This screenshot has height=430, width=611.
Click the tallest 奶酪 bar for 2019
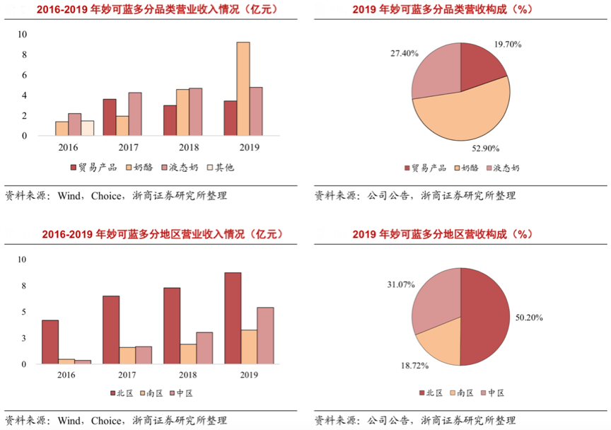pos(243,88)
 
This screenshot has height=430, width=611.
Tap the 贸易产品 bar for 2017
pos(110,117)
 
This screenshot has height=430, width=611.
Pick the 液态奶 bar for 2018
pos(195,112)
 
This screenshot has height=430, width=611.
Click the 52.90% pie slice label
pos(486,149)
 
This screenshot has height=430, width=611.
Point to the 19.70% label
pos(507,45)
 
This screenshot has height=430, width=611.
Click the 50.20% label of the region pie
pos(528,318)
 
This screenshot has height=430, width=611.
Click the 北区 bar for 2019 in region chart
pos(233,318)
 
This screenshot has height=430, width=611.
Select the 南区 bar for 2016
pos(66,361)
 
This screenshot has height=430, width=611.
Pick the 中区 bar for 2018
pos(204,348)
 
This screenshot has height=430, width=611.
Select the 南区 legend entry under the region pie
pos(462,393)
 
